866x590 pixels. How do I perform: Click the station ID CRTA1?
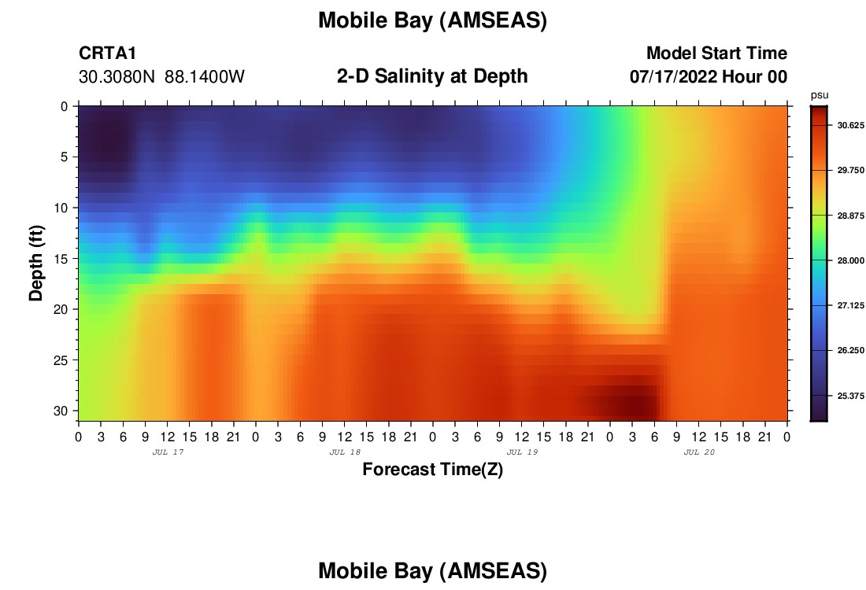107,53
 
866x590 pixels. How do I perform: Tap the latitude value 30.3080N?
117,77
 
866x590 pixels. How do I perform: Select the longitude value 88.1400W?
205,77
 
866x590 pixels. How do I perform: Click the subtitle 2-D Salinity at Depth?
432,76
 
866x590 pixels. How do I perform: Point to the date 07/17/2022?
672,77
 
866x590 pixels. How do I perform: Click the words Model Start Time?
716,53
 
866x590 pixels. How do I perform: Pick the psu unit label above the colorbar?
820,95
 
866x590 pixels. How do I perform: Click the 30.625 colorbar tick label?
850,125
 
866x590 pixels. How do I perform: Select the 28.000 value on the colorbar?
850,260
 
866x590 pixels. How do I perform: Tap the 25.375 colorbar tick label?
850,396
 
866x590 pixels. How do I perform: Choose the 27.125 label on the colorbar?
850,305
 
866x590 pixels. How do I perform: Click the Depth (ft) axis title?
36,263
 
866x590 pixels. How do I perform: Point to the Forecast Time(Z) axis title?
432,469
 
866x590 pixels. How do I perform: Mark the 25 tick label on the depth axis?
61,360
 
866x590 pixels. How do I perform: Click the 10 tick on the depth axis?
61,208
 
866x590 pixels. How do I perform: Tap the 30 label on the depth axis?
61,411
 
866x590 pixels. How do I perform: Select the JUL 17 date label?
168,452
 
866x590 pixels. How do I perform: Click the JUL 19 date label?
523,452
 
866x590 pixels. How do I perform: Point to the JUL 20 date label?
699,452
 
